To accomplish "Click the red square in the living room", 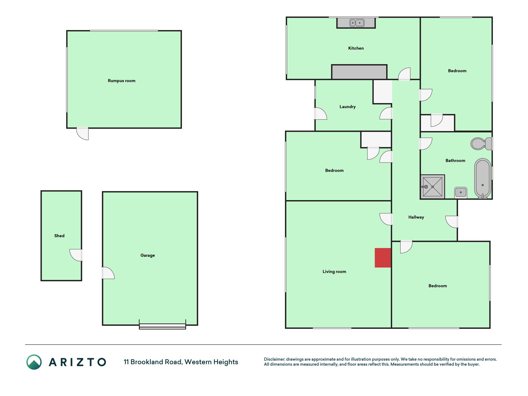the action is tap(383, 258).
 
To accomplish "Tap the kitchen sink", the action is tap(357, 23).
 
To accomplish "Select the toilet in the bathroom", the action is tap(481, 144).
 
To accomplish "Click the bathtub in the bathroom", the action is tap(483, 179).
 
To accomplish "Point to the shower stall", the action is tap(432, 187).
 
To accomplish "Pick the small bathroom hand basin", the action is tap(461, 192).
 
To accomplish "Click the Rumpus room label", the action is tap(122, 81).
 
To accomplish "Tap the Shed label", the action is tap(59, 236).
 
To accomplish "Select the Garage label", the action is tap(148, 256).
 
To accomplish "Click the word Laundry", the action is tap(348, 107).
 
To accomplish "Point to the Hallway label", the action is tap(416, 217).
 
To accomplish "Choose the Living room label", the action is tap(334, 272).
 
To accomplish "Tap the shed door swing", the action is tap(76, 255).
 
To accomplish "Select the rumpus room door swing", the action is tap(83, 133).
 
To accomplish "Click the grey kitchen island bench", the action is tap(359, 72).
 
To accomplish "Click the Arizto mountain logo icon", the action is tap(34, 362).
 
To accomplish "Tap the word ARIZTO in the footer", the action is tap(77, 362).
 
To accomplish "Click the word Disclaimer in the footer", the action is tap(274, 359).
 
